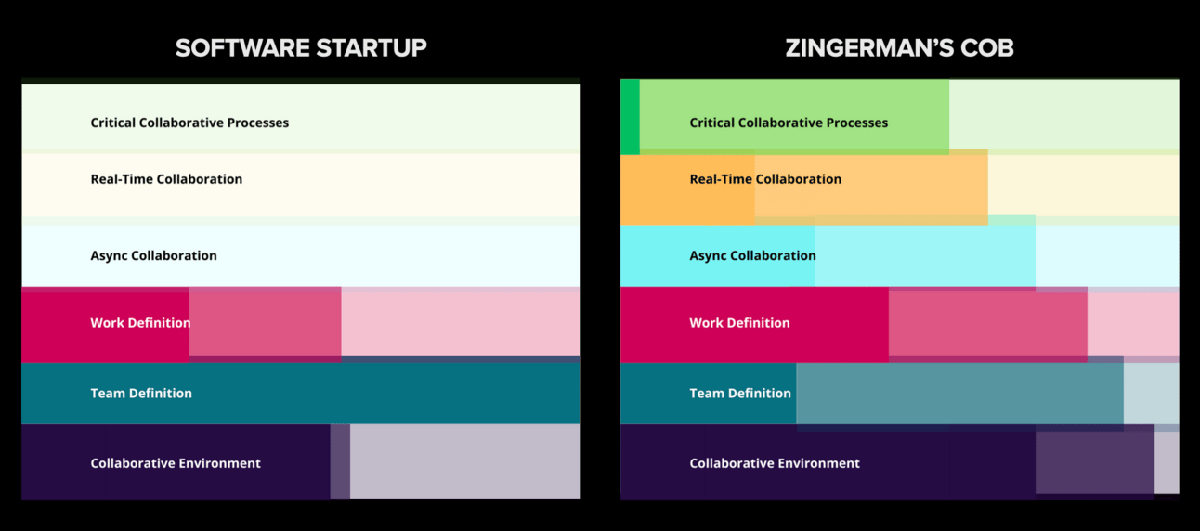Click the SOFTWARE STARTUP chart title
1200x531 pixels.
pos(301,48)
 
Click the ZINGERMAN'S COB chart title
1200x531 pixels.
pos(899,48)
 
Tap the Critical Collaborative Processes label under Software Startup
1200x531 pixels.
pos(189,123)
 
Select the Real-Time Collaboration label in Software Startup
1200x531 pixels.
pos(166,179)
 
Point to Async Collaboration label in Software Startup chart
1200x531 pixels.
pos(154,255)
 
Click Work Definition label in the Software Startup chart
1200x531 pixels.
pos(140,323)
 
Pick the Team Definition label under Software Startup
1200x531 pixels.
pos(141,393)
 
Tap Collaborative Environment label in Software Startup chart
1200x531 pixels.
pos(176,463)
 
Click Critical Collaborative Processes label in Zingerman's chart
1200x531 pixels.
pos(789,123)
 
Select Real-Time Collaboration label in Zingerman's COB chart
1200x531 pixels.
pos(765,179)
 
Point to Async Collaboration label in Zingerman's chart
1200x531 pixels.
pos(752,255)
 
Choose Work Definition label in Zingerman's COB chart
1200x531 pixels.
pos(739,323)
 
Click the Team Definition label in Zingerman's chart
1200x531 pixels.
pos(740,393)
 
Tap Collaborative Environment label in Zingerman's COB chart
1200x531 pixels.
pos(775,463)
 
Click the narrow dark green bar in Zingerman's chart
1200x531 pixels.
pos(630,117)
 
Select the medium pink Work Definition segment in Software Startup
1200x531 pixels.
pos(266,321)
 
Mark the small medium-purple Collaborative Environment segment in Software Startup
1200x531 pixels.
pos(340,461)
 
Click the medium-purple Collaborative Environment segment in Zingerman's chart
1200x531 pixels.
pos(1095,462)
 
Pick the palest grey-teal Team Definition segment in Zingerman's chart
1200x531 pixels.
pos(1152,394)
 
